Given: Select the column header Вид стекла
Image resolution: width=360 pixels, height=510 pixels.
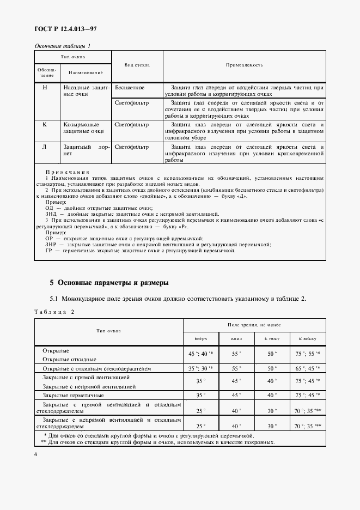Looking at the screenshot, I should (x=137, y=65).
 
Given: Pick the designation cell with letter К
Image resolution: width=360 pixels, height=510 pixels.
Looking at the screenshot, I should (x=46, y=124).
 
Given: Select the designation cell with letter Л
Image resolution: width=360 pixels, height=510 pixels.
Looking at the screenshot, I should (x=46, y=147).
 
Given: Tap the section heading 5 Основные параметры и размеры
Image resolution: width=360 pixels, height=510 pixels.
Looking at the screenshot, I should (x=109, y=283).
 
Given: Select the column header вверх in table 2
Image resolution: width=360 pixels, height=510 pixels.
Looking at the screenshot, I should (x=201, y=338).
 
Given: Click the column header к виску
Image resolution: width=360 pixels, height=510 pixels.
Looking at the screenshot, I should (x=307, y=338).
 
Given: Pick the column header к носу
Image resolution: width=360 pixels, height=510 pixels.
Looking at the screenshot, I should (x=272, y=338).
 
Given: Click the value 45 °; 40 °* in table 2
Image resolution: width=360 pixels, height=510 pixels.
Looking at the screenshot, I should (x=201, y=354).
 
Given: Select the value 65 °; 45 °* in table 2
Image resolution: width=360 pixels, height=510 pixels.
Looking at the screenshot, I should (x=307, y=368).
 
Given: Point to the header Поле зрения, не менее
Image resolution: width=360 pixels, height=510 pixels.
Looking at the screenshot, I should (x=254, y=324).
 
